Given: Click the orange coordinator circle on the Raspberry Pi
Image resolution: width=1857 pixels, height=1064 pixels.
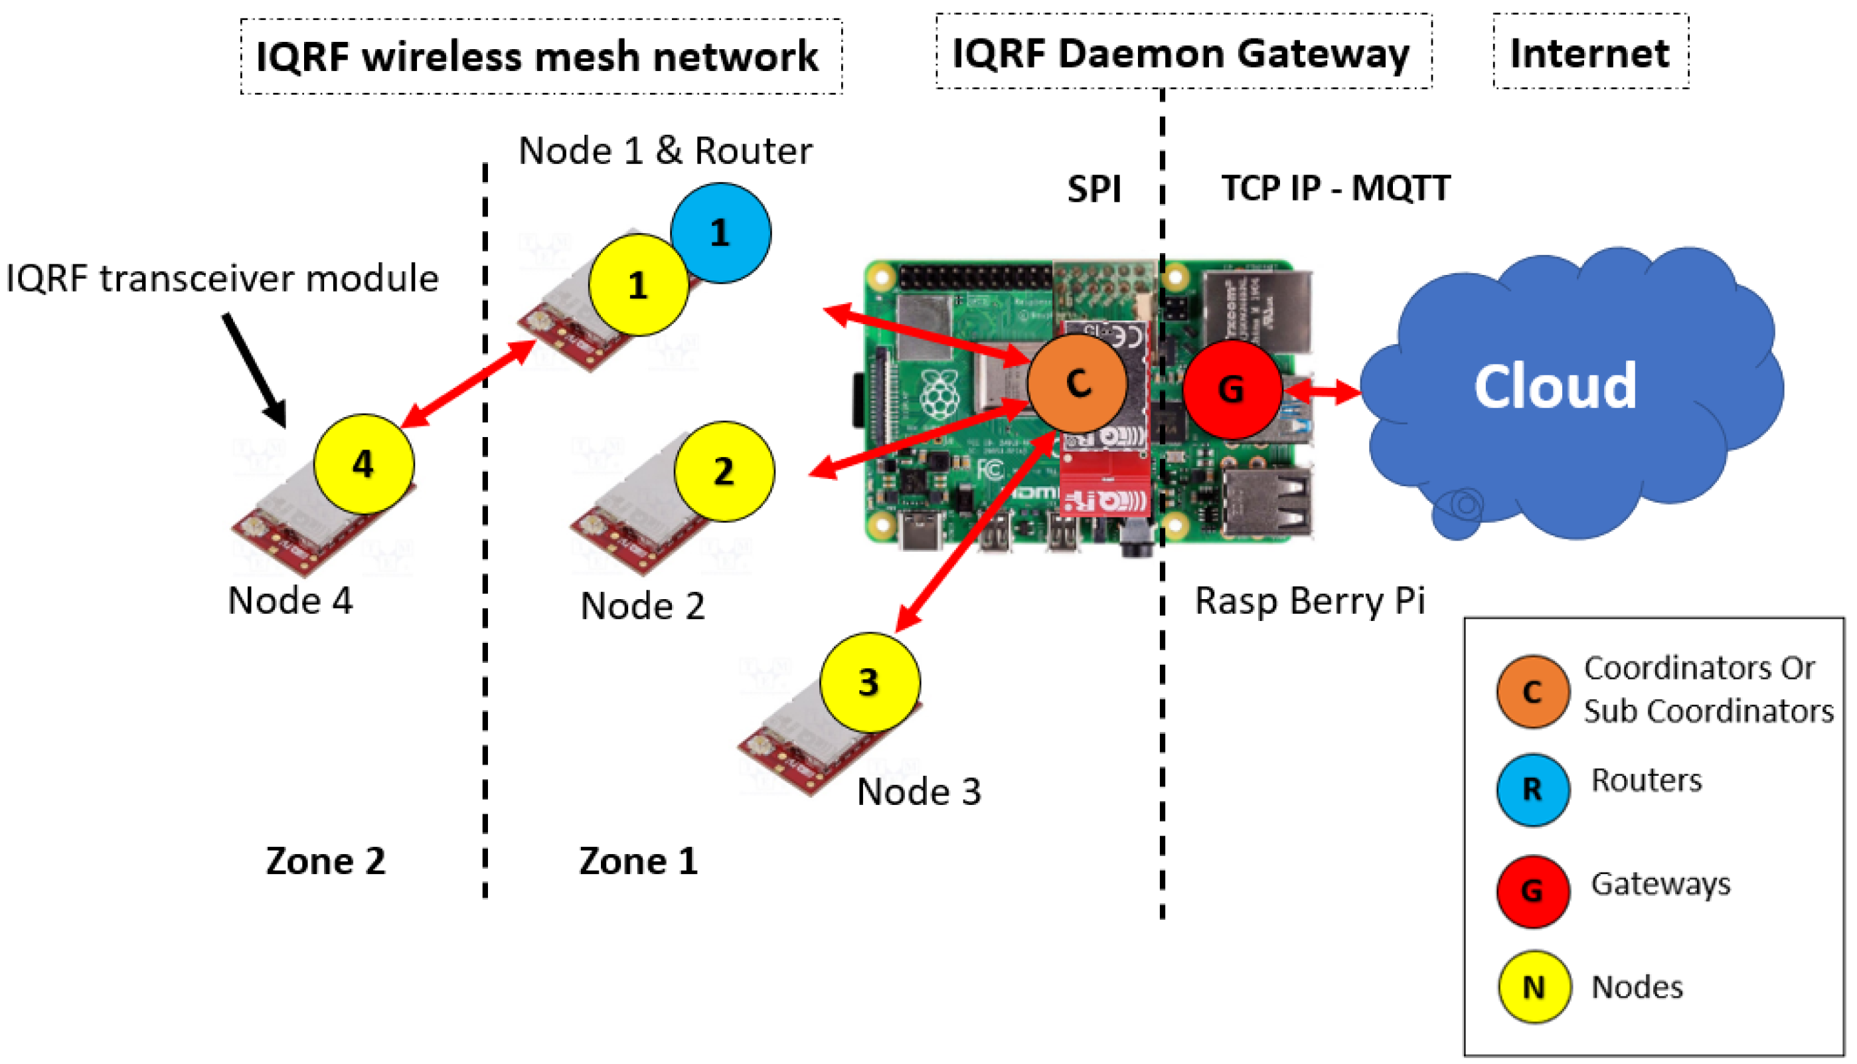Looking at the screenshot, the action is pyautogui.click(x=1078, y=384).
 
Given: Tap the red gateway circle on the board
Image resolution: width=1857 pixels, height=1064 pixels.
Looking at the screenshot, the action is pyautogui.click(x=1232, y=389).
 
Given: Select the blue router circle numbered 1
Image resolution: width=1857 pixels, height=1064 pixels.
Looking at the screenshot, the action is pyautogui.click(x=720, y=233).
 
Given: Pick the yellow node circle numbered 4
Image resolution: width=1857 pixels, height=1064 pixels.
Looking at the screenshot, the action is pyautogui.click(x=364, y=464).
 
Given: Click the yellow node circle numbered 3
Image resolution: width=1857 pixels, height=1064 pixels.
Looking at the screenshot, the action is pyautogui.click(x=870, y=683).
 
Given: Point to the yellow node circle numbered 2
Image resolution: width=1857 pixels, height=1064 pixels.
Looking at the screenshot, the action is pyautogui.click(x=725, y=472).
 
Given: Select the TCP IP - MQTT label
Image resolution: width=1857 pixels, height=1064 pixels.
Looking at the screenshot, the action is pyautogui.click(x=1336, y=189).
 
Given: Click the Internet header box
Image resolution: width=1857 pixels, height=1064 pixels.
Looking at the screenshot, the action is pyautogui.click(x=1591, y=51).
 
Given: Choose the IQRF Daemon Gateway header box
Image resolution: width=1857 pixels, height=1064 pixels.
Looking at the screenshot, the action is pyautogui.click(x=1184, y=51).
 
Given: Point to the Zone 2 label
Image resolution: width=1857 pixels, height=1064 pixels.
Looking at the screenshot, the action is pyautogui.click(x=325, y=861).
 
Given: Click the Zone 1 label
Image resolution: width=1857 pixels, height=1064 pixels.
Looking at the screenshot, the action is pyautogui.click(x=639, y=861).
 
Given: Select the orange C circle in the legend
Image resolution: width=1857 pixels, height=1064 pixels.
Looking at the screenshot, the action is pyautogui.click(x=1532, y=691).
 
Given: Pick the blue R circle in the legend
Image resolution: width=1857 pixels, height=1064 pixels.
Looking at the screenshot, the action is pyautogui.click(x=1532, y=790).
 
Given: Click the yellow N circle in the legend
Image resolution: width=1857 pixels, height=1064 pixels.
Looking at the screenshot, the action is pyautogui.click(x=1534, y=987).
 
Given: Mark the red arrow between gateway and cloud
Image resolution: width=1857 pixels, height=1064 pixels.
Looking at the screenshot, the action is pyautogui.click(x=1323, y=392).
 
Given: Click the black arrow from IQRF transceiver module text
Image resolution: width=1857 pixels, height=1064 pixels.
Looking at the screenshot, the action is pyautogui.click(x=254, y=371).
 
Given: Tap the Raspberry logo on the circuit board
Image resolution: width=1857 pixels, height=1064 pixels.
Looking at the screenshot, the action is pyautogui.click(x=941, y=395).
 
